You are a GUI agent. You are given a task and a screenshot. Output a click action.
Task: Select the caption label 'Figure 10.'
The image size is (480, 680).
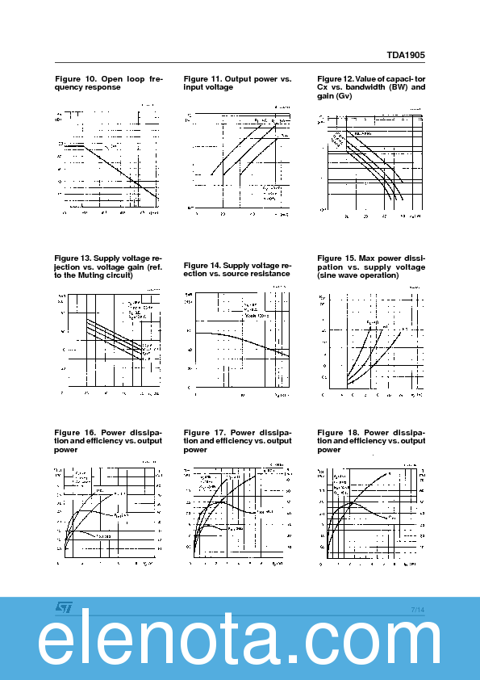[x=74, y=79]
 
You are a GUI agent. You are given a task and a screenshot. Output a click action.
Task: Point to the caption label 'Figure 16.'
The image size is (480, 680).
[x=74, y=432]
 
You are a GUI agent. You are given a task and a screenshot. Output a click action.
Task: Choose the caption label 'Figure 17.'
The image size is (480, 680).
[x=203, y=432]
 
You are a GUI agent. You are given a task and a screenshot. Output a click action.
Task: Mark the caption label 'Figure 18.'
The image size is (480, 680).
[x=337, y=432]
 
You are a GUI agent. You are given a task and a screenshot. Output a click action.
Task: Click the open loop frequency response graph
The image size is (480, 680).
[x=109, y=162]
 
